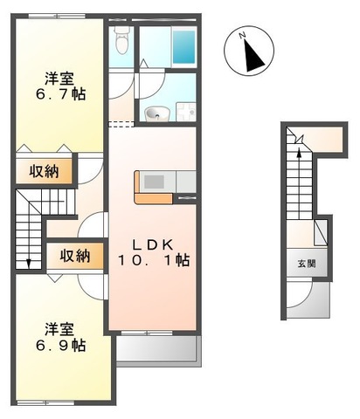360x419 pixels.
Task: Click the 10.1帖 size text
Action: [154, 259]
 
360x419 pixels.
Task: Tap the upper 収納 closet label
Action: [39, 171]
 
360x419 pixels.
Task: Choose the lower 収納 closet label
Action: [74, 257]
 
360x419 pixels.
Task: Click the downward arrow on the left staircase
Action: [28, 258]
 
